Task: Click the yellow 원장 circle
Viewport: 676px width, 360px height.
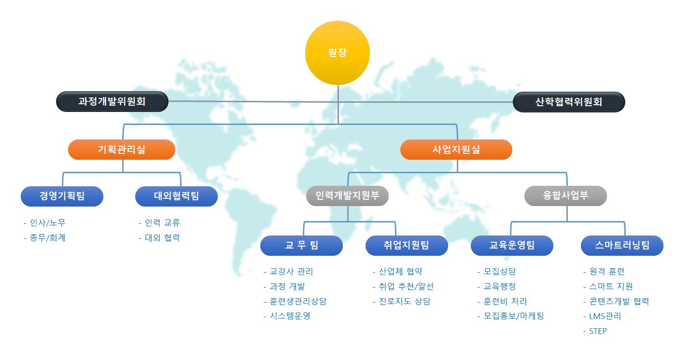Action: coord(338,53)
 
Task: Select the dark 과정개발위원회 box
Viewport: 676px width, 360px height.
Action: coord(112,102)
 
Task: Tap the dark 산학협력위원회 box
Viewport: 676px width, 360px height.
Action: coord(569,102)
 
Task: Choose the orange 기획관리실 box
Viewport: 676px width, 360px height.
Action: coord(122,150)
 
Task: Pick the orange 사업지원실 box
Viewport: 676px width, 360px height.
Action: coord(456,150)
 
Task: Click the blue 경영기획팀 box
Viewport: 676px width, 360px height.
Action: coord(62,196)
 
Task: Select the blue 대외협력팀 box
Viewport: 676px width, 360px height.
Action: coord(177,196)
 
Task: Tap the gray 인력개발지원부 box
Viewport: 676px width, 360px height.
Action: coord(347,196)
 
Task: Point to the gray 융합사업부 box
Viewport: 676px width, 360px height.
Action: coord(565,196)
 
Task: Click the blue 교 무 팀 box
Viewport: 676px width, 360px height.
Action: coord(301,246)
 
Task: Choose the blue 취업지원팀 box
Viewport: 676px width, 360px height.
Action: coord(407,246)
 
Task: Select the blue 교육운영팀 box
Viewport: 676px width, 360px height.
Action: coord(512,246)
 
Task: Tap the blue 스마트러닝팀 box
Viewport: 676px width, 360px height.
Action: coord(622,246)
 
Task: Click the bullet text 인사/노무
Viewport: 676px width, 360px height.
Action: coord(48,223)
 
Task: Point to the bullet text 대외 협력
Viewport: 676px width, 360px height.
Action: coord(162,238)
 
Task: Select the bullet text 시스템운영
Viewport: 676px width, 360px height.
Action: coord(290,316)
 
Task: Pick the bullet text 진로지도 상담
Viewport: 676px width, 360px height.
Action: coord(405,301)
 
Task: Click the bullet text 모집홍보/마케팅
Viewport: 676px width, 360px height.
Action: coord(514,316)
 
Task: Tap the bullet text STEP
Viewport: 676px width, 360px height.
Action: coord(598,331)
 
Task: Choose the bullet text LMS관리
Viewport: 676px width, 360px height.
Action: coord(605,316)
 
